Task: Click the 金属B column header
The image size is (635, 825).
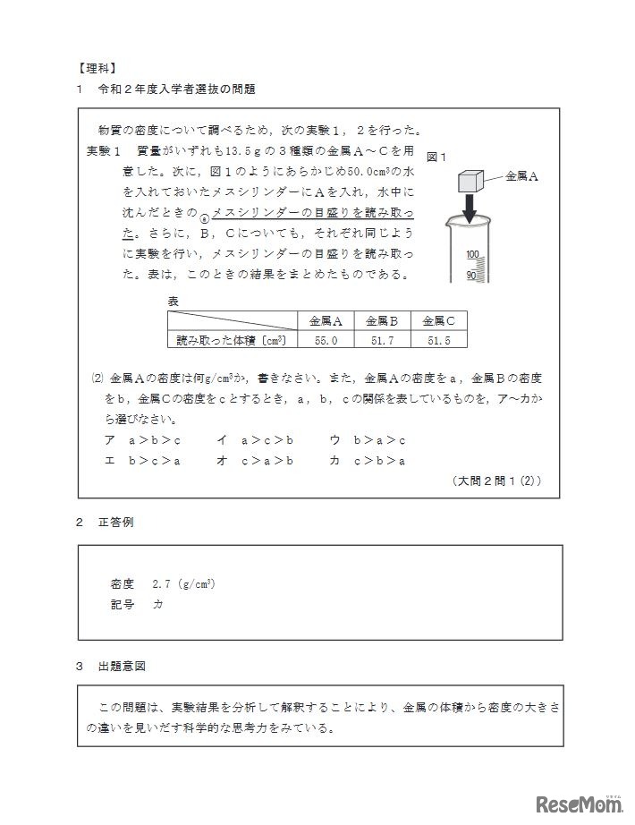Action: pyautogui.click(x=382, y=320)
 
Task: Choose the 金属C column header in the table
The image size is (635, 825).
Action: pyautogui.click(x=439, y=320)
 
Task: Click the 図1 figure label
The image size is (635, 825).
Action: pyautogui.click(x=437, y=157)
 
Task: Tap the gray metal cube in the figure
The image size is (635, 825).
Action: pyautogui.click(x=470, y=181)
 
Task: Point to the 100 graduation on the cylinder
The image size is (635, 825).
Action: pyautogui.click(x=473, y=254)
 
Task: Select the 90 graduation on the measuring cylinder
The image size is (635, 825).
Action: pyautogui.click(x=473, y=274)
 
